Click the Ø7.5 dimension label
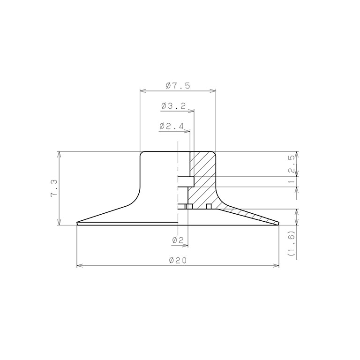coord(178,86)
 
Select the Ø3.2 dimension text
coord(173,106)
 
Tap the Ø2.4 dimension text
coord(172,126)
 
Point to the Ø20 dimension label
coord(178,260)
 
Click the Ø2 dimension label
coord(178,240)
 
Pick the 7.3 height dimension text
coord(54,188)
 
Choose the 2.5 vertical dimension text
coord(292,164)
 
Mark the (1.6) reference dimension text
coord(292,243)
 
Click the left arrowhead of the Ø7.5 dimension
coord(143,91)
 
